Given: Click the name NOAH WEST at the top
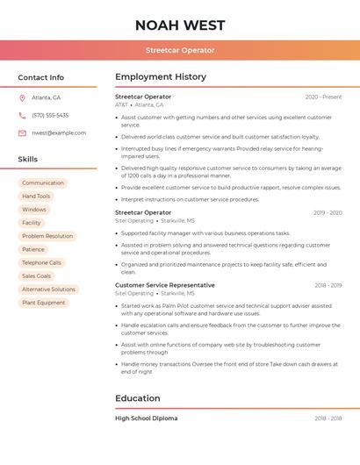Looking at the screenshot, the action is [180, 25].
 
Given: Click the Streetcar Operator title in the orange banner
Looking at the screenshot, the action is [180, 50].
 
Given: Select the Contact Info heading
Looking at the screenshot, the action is [40, 77].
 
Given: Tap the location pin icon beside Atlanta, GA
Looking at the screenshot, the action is [22, 97].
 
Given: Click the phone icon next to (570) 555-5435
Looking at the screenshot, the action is [22, 115].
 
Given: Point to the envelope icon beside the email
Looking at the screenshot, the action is [22, 132].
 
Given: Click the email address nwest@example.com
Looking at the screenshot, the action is [59, 132].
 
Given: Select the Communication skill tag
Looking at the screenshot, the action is [43, 183].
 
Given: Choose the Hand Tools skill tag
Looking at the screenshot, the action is [36, 197].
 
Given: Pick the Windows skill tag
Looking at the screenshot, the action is [34, 210].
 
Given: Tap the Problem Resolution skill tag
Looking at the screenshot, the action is [47, 236].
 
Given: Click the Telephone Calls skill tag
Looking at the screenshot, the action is [42, 262].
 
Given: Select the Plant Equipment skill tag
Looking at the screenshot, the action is [44, 303].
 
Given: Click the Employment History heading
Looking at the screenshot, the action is [161, 77].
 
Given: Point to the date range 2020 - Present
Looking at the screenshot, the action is [323, 97].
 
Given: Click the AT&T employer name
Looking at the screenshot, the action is [121, 104].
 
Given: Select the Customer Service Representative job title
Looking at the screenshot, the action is [164, 285].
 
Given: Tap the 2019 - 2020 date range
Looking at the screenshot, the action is [328, 212].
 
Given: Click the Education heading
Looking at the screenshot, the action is [137, 398].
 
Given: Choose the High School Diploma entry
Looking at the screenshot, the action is [146, 418].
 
